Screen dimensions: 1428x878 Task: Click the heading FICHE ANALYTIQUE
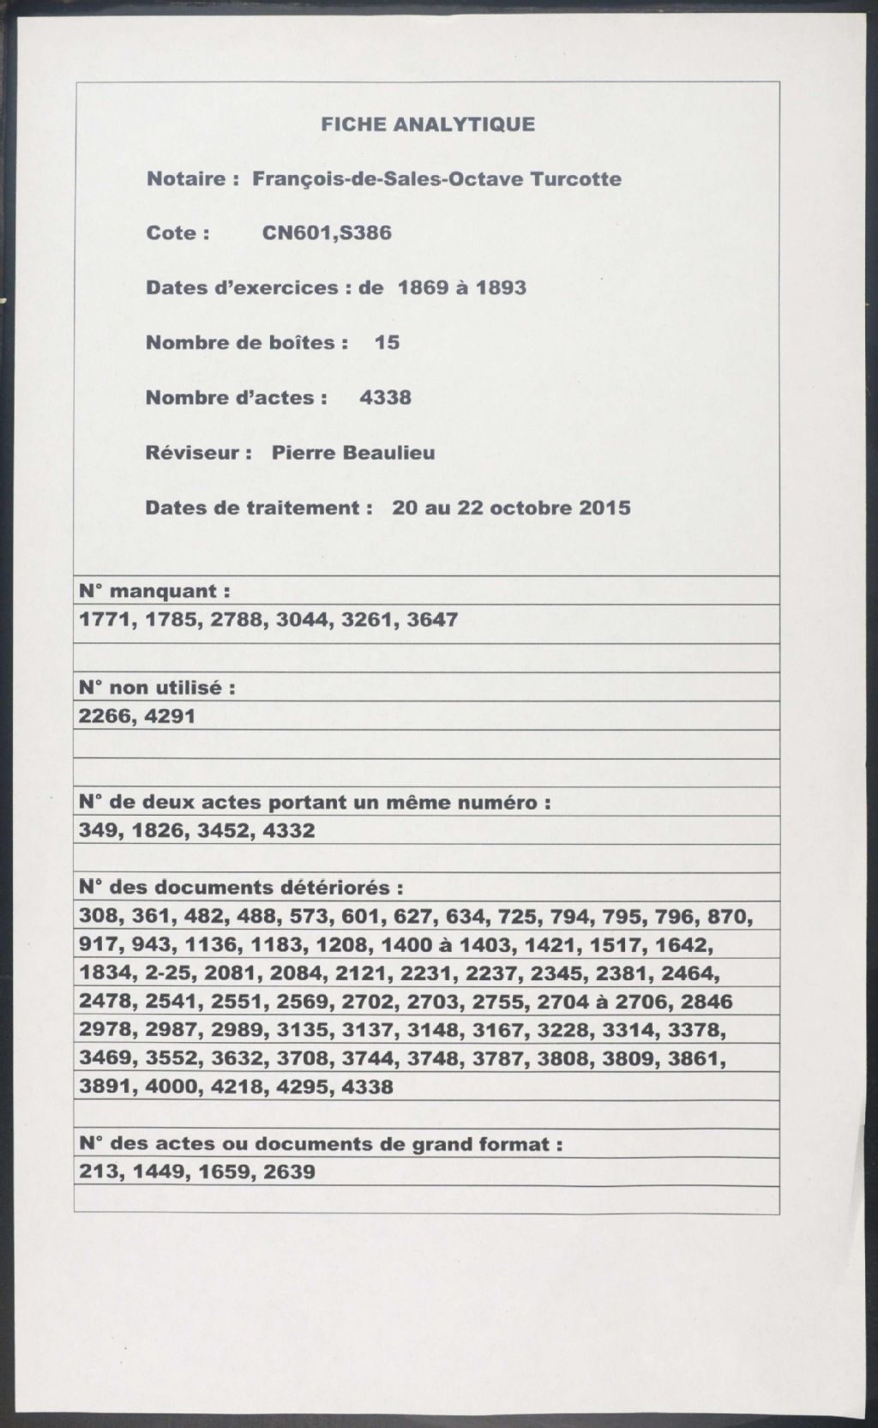click(x=428, y=124)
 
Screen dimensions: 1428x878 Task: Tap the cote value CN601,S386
click(x=327, y=233)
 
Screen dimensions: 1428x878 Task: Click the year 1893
click(x=501, y=287)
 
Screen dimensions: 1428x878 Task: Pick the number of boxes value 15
click(x=387, y=342)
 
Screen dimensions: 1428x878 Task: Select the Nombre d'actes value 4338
click(x=386, y=397)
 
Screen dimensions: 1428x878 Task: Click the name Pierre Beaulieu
click(x=353, y=452)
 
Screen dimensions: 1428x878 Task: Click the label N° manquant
click(x=154, y=591)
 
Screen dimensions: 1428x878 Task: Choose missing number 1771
click(x=105, y=619)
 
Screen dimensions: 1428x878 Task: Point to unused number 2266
click(x=105, y=715)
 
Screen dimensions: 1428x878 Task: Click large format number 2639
click(x=289, y=1172)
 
